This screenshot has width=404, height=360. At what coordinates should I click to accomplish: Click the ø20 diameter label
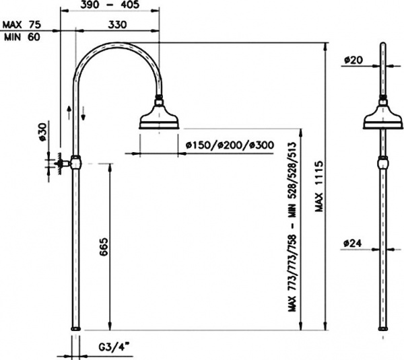coord(353,60)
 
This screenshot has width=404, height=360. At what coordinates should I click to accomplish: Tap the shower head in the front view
coord(383,118)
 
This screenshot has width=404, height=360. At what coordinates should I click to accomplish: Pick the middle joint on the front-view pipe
coord(383,164)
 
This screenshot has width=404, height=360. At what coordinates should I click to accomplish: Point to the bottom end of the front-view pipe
coord(383,329)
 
